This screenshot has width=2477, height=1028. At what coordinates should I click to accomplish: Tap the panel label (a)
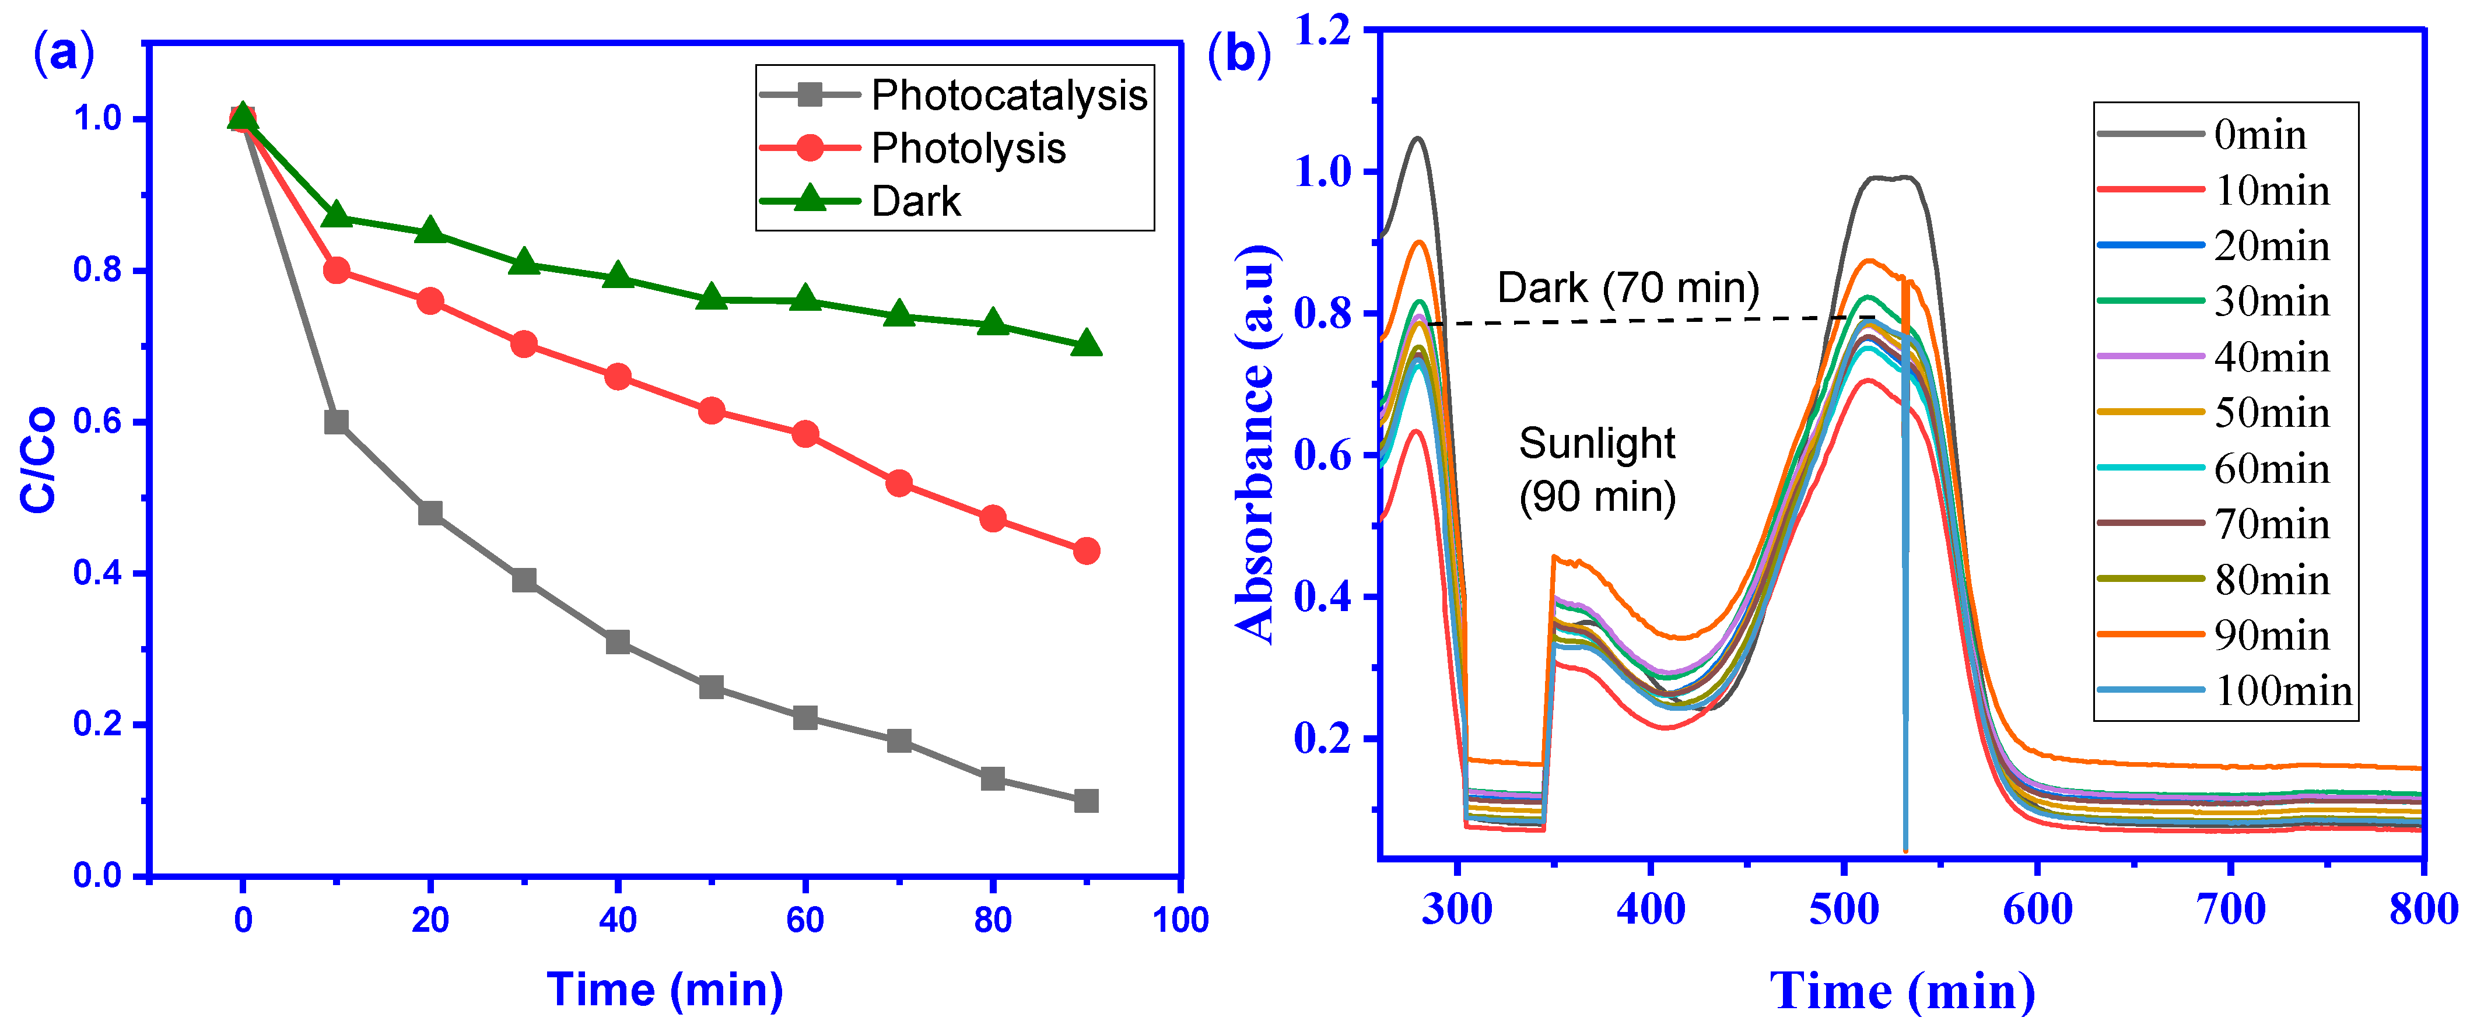pos(64,53)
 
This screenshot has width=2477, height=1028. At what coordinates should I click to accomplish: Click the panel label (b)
pos(1239,53)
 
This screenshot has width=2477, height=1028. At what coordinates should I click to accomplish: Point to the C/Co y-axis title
pos(38,459)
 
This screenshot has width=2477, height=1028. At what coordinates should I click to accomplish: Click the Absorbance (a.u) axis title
pos(1256,443)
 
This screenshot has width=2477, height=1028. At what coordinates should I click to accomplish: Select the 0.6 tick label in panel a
pos(98,422)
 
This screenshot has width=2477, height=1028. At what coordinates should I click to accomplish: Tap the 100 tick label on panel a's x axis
pos(1180,920)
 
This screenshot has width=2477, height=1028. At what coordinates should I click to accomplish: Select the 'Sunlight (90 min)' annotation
pos(1597,470)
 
